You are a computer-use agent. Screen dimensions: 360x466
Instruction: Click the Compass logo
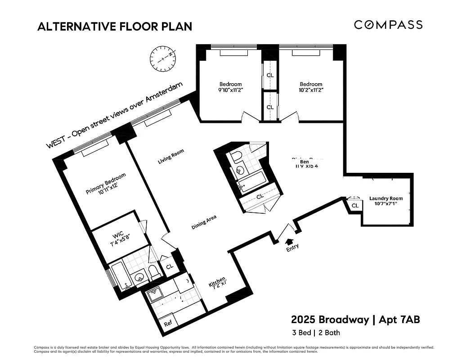(388, 25)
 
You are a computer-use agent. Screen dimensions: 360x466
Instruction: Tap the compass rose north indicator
(162, 59)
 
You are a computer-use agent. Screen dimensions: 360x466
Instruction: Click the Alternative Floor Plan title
(115, 27)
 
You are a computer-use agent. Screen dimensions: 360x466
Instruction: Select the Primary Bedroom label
(106, 184)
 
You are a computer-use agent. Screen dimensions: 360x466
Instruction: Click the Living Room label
(171, 157)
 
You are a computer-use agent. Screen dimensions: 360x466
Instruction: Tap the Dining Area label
(204, 222)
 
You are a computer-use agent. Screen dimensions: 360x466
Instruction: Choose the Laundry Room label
(386, 201)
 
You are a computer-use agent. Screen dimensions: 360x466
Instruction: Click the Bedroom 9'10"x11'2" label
(230, 87)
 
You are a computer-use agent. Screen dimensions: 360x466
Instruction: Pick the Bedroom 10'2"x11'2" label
(311, 87)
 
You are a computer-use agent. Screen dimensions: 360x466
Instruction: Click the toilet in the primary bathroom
(154, 272)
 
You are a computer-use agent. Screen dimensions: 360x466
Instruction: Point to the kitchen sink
(156, 295)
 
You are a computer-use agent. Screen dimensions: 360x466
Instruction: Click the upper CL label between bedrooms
(270, 75)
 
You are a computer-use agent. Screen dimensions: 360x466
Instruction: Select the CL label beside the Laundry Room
(355, 206)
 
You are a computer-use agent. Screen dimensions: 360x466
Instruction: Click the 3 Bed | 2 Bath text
(316, 333)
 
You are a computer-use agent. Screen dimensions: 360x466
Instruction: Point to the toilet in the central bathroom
(237, 156)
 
